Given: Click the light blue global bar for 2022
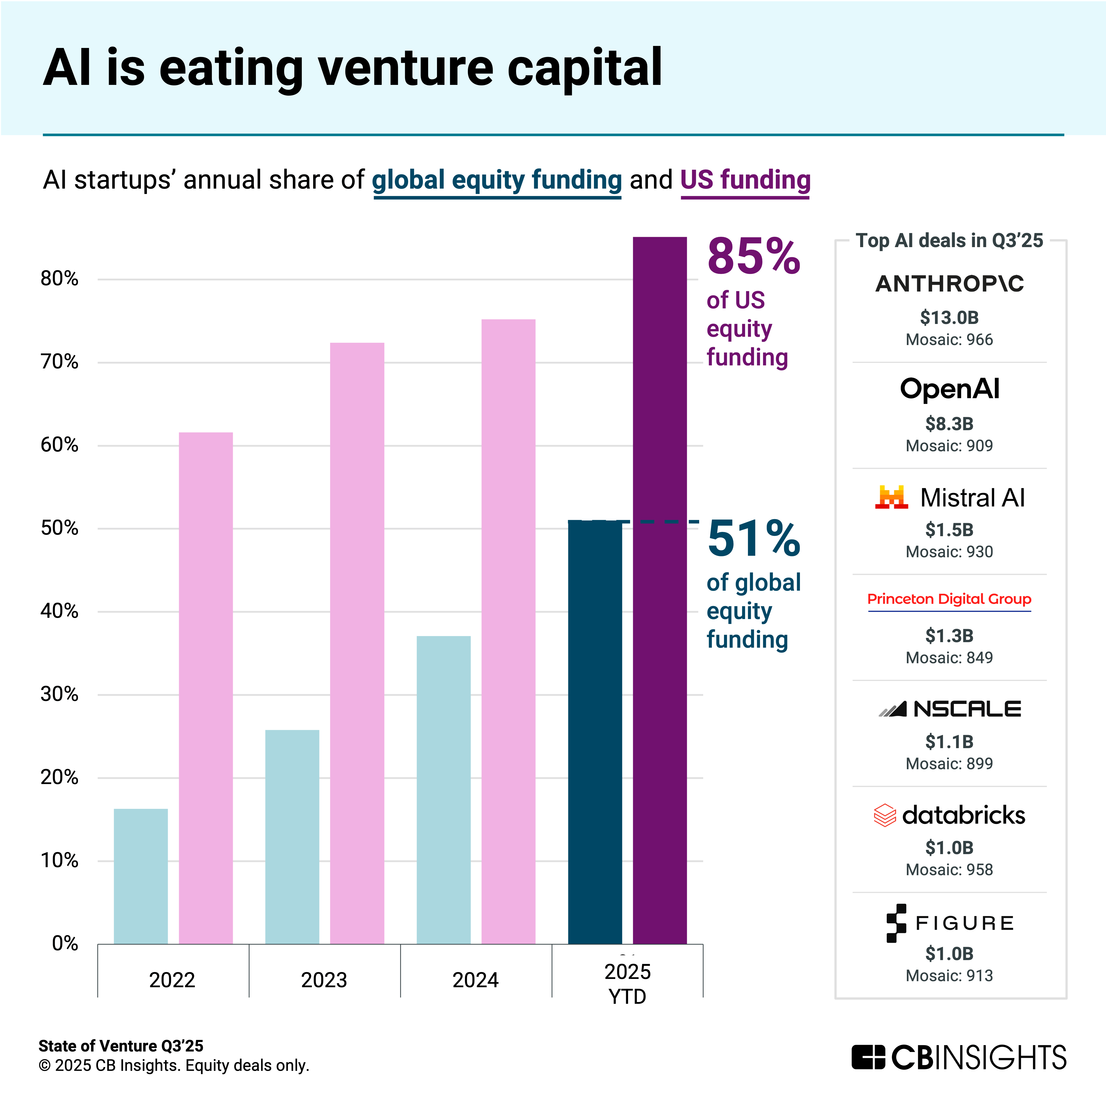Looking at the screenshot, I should pos(141,876).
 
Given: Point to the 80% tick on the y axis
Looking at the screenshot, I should pos(60,279).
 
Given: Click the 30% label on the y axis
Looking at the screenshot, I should pos(60,694).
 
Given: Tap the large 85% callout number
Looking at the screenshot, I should pos(753,256).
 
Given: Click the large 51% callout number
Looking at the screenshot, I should pos(753,539).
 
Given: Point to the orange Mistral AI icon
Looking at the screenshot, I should pos(891,497).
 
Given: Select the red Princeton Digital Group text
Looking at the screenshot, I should pos(949,599).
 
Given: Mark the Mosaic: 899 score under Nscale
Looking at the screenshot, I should pos(949,764).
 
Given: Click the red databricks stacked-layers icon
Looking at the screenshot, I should pos(884,815).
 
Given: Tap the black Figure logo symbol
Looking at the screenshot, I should pos(896,923).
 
